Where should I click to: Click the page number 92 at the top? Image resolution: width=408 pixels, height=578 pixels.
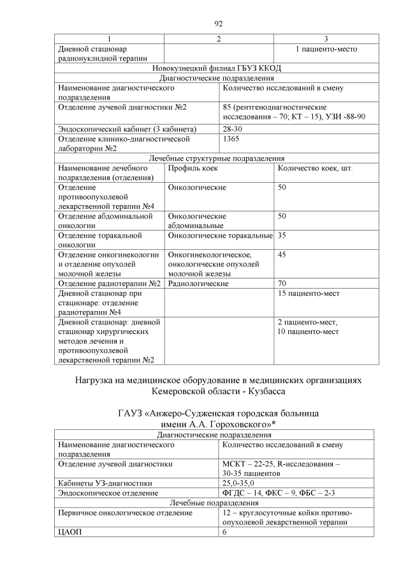tap(218, 24)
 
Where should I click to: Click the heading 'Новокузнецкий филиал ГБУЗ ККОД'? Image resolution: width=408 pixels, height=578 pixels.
tap(218, 68)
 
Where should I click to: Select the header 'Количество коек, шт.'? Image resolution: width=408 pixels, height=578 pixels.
tap(315, 168)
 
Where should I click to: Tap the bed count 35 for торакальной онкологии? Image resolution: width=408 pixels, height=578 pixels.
tap(282, 236)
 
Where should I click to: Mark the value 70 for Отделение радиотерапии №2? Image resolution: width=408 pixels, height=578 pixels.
tap(282, 283)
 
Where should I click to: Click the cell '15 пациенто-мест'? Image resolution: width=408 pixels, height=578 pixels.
tap(308, 293)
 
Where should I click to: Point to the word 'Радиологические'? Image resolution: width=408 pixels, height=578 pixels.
tap(198, 283)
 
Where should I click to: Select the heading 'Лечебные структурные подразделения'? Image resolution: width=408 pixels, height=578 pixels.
tap(218, 158)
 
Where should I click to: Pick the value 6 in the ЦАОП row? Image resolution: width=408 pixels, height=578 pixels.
tap(224, 531)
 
